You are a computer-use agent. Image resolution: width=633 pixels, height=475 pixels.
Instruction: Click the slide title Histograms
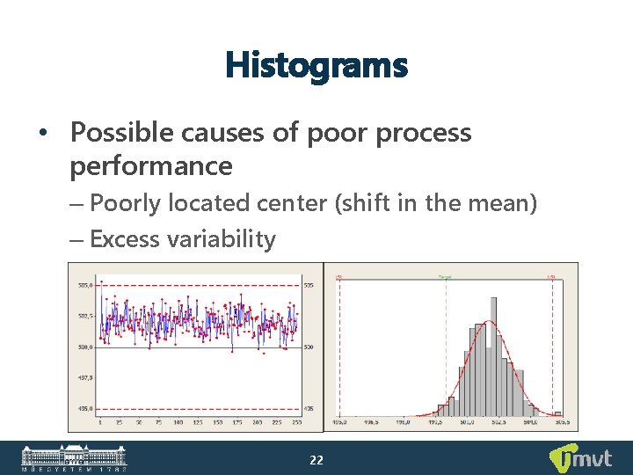(x=316, y=64)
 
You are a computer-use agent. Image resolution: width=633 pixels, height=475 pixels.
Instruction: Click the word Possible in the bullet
(x=114, y=133)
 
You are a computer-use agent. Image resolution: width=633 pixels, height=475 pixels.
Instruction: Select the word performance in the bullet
(x=151, y=165)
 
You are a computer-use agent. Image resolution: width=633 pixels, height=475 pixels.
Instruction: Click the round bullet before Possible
(x=42, y=134)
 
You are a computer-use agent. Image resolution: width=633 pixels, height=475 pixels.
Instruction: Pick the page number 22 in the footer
(x=316, y=459)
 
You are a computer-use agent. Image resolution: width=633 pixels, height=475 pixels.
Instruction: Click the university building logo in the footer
(x=74, y=458)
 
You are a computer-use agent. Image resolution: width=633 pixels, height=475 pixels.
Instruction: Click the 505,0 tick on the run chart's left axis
(x=86, y=285)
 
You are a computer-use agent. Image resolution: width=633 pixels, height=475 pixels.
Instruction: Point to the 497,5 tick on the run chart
(x=86, y=377)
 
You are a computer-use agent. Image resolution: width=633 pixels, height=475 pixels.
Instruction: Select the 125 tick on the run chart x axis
(x=197, y=422)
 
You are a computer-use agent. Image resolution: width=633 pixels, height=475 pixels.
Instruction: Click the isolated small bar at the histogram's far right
(x=557, y=413)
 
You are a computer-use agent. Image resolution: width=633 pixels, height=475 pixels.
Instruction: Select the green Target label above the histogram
(x=447, y=276)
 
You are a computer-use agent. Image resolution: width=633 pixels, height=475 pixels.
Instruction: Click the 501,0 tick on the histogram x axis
(x=467, y=422)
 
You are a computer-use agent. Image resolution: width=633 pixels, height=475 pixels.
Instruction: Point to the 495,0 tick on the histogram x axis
(x=339, y=422)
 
